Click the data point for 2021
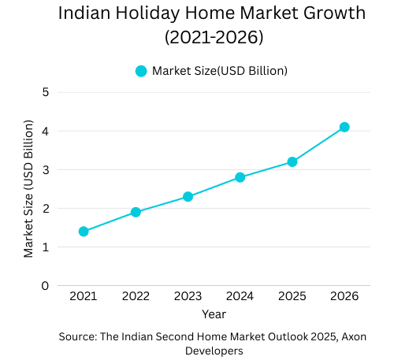point(84,232)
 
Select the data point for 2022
point(136,212)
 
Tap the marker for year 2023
point(188,196)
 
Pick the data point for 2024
point(240,177)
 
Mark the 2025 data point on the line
point(292,161)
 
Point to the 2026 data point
point(344,127)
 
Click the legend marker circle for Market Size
point(141,71)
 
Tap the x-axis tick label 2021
point(84,296)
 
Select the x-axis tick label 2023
point(188,296)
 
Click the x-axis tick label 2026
point(344,296)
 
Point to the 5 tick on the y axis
point(46,91)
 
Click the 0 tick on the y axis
point(46,286)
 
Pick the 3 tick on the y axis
point(46,169)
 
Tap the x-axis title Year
point(214,314)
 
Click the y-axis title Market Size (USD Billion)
point(29,189)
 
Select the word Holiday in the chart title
point(158,13)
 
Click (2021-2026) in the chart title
point(213,37)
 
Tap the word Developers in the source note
point(214,351)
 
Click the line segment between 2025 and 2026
point(318,144)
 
